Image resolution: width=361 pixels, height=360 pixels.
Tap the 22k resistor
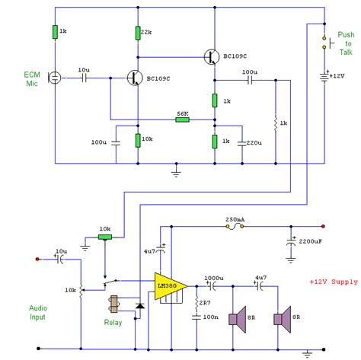[138, 32]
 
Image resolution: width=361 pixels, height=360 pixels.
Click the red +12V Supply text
[334, 282]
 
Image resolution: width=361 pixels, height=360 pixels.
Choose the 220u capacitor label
[254, 142]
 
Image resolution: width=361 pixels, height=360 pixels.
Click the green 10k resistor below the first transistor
[138, 140]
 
